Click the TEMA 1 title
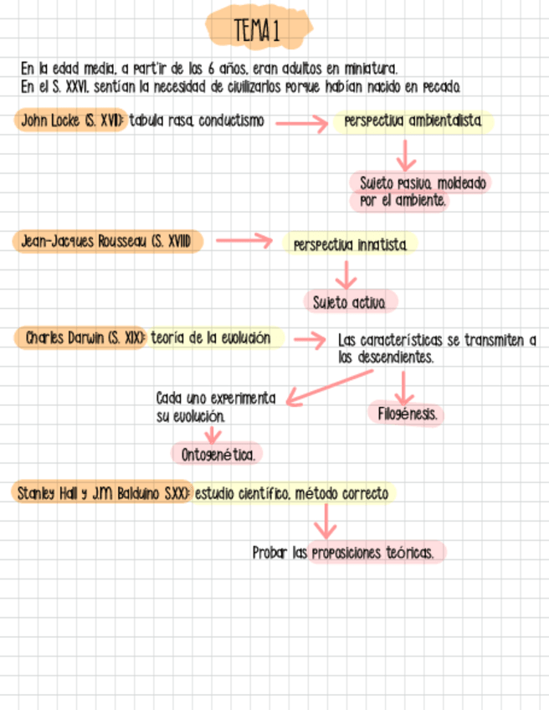click(x=257, y=32)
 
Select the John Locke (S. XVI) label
click(x=70, y=121)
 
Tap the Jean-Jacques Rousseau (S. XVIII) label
click(x=108, y=242)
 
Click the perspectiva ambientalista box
click(x=413, y=122)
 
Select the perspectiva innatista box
click(x=351, y=245)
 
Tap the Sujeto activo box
click(x=350, y=302)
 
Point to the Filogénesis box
click(x=406, y=414)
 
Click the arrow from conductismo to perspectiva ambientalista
click(x=300, y=124)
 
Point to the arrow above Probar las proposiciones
click(x=325, y=523)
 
